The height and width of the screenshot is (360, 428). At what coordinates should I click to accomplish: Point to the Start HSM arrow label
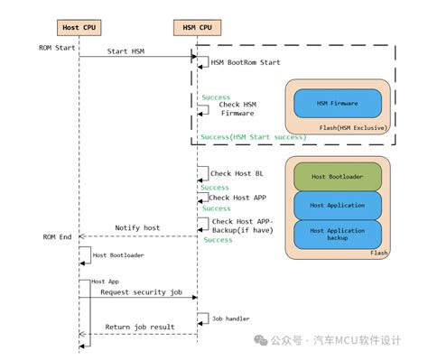coord(126,51)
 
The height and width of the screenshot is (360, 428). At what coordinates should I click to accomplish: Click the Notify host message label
coord(137,227)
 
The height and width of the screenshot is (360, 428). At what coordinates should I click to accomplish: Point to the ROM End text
coord(55,236)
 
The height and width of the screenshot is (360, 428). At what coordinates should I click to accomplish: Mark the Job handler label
coord(230,318)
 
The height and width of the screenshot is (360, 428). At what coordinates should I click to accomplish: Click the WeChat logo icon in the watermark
coord(261,340)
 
